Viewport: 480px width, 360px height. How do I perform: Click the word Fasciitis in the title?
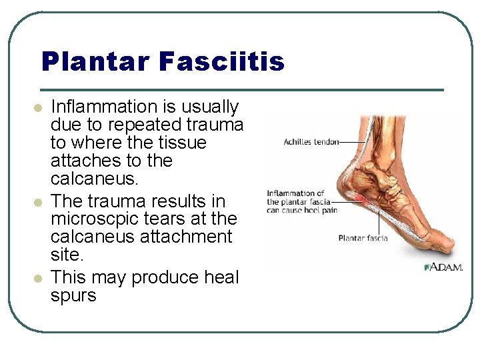click(221, 62)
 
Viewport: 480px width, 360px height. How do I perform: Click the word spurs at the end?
click(73, 295)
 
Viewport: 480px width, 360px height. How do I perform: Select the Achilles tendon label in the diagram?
click(311, 142)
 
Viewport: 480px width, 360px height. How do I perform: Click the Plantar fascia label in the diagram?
click(364, 238)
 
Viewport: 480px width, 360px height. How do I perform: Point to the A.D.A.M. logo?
click(441, 267)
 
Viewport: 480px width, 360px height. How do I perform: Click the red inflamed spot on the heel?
click(360, 199)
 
